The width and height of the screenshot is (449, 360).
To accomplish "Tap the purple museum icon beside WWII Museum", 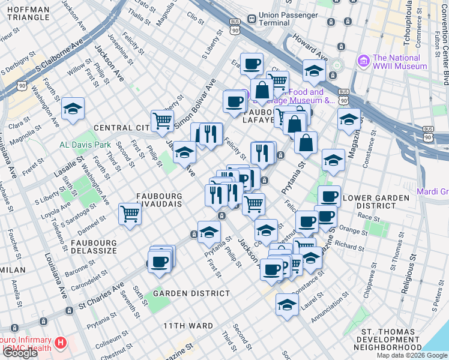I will click(363, 61).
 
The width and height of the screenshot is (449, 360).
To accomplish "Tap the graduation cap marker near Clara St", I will click(73, 109).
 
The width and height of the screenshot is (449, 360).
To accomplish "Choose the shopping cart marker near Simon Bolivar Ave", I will click(162, 121).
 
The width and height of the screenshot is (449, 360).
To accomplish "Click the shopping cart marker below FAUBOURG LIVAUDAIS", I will click(130, 214).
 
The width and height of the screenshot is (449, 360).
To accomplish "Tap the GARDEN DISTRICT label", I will click(191, 293).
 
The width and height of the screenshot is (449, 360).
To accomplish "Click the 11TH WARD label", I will click(188, 326).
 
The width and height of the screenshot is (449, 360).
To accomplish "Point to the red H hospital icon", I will click(60, 344).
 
